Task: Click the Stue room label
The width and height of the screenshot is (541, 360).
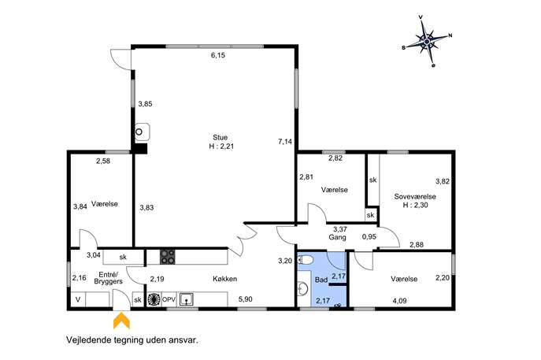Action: pos(220,137)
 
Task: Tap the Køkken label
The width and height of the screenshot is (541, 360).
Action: pos(224,279)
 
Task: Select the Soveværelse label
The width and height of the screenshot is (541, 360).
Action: pos(415,196)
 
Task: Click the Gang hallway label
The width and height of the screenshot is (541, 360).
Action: pos(337,237)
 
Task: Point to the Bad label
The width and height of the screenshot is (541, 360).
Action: pos(321,280)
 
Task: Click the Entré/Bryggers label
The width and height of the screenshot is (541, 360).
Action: pos(109,278)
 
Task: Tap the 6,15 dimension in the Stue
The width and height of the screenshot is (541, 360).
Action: pos(218,55)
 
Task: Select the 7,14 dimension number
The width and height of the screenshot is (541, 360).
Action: pos(285,141)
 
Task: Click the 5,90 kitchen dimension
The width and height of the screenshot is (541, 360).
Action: pos(246,299)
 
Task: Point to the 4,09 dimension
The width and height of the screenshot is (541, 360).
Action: pos(399,301)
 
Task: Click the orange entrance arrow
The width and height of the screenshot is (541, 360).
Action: pos(121,321)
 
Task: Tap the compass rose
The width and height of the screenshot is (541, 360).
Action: pos(427,42)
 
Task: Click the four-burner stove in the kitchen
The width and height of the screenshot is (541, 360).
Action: pos(167,257)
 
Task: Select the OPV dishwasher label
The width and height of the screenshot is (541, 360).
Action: pos(169,299)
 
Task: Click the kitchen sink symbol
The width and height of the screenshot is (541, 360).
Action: pos(187,299)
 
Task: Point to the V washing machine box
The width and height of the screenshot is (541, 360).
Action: pos(78,299)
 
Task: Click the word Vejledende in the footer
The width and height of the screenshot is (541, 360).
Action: pos(87,340)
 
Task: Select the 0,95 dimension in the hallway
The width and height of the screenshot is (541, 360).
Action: pos(369,237)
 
